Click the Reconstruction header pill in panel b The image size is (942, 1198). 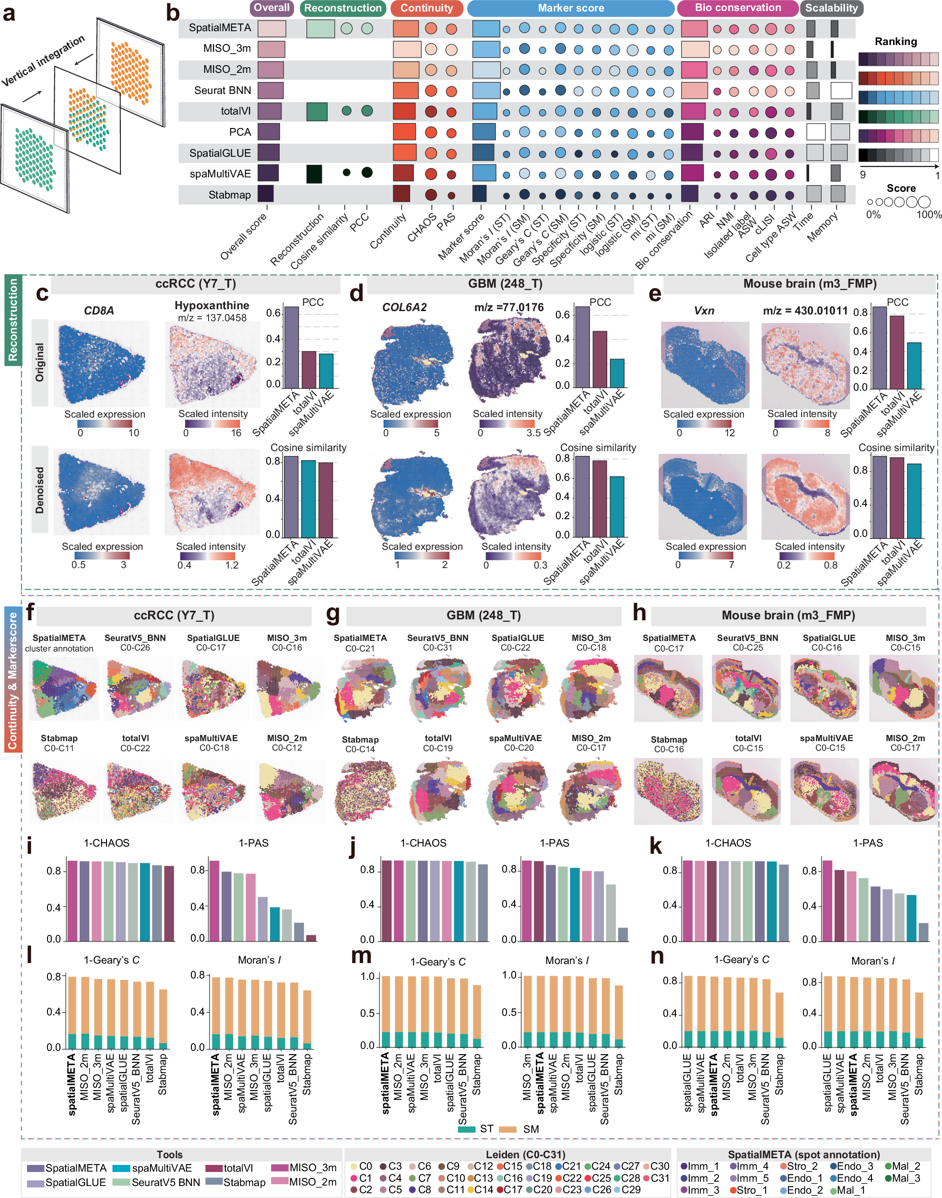tap(342, 8)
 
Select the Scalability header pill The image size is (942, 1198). tap(831, 8)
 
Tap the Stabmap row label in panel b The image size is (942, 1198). tap(229, 195)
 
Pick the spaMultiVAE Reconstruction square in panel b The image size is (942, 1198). tap(314, 174)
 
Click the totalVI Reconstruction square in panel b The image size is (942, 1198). tap(317, 111)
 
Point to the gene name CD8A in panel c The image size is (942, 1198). tap(99, 310)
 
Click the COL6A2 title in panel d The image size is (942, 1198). tap(404, 307)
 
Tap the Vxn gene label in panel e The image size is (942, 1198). tap(704, 310)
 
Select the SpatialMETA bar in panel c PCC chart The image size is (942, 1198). tap(291, 348)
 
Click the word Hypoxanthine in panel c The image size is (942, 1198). tap(212, 305)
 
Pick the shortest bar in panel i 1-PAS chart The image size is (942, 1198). tap(311, 938)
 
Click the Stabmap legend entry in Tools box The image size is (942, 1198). tap(244, 1182)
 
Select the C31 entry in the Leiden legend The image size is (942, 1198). tap(659, 1177)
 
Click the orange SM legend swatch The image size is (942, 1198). tap(507, 1129)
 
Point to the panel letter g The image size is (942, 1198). tap(332, 613)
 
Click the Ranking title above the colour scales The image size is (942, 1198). tap(895, 41)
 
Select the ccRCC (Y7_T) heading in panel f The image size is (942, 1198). tap(174, 615)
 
